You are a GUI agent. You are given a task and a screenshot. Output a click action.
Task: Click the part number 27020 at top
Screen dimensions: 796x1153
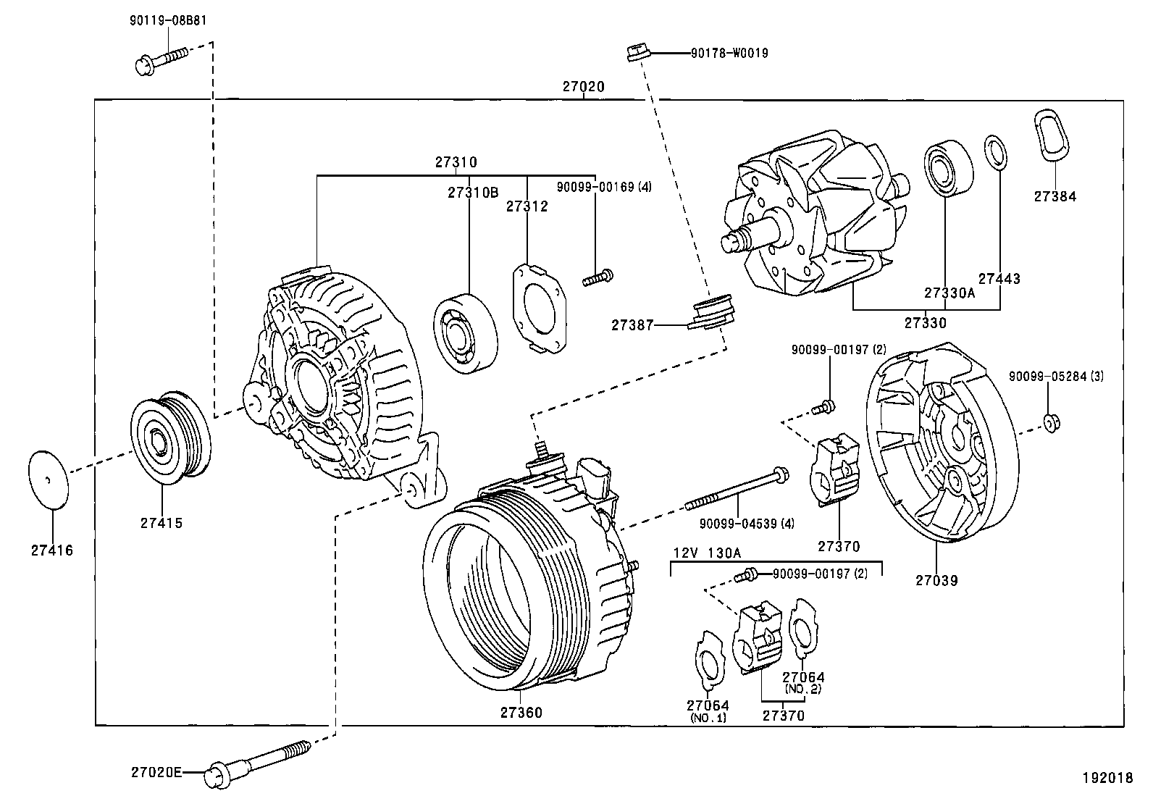[583, 87]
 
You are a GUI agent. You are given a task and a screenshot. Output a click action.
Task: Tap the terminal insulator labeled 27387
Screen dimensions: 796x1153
[710, 313]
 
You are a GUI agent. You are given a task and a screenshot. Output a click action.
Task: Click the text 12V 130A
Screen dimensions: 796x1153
[707, 552]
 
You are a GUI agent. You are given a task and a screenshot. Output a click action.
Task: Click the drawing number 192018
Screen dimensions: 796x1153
[1106, 778]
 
